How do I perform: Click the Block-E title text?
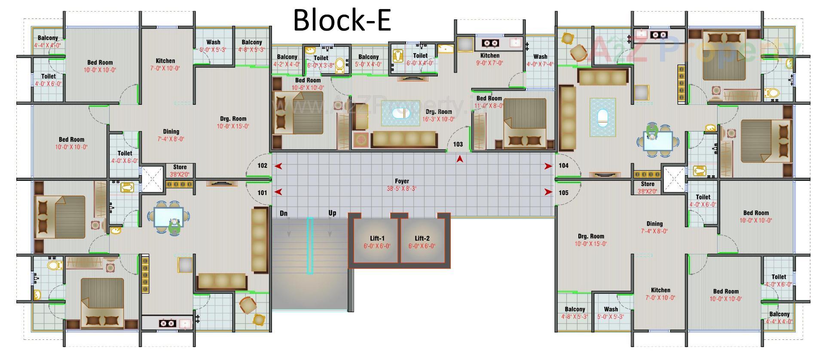342,20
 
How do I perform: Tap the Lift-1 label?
377,238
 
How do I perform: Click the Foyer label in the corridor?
402,181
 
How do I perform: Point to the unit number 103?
458,144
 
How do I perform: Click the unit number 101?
262,193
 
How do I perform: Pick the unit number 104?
563,165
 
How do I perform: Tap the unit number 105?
563,193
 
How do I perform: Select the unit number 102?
262,165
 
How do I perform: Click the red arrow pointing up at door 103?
460,159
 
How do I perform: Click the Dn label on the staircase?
284,213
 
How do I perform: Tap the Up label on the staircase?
332,213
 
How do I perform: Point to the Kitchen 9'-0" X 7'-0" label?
490,55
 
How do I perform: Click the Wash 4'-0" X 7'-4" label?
540,57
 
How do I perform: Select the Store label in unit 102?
180,167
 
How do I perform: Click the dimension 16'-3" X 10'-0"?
438,119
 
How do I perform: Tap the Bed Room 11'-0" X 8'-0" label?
489,98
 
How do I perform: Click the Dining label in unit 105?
654,224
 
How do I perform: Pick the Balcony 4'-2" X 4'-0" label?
287,57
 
